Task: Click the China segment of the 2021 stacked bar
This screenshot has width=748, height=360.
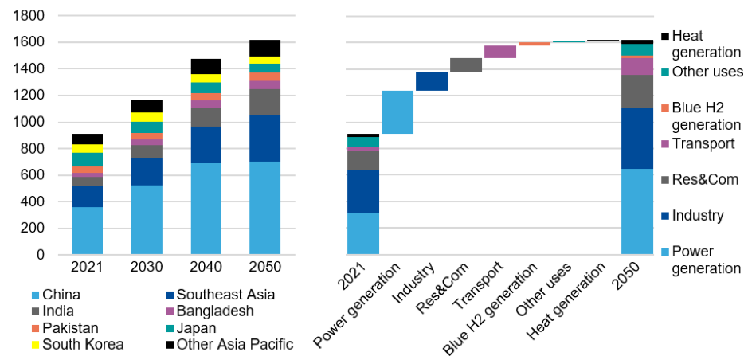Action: coord(87,231)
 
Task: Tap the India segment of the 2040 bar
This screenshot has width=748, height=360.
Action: coord(206,116)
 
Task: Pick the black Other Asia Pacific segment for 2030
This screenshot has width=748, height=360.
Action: coord(147,106)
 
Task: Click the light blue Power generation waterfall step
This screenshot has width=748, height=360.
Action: coord(397,112)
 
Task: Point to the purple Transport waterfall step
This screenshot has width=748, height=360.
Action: coord(500,52)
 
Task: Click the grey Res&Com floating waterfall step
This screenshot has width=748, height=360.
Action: coord(466,65)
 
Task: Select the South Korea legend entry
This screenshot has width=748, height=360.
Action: coord(78,344)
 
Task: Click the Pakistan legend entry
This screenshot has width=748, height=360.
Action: coord(70,327)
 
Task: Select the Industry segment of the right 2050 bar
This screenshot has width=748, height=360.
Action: coord(637,138)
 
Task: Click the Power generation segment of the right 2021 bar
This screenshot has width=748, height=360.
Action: coord(363,233)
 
